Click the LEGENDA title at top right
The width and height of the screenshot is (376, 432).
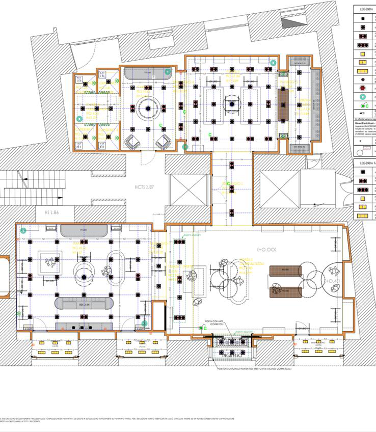coord(366,9)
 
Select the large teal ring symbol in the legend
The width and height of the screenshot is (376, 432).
coord(362,96)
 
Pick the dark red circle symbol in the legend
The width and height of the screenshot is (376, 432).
coord(362,79)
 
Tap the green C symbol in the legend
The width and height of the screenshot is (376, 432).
coord(362,105)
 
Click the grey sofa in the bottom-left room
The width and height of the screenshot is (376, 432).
coord(84,304)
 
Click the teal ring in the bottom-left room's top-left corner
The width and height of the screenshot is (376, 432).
coord(23,231)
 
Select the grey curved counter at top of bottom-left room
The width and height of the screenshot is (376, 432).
coord(84,231)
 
